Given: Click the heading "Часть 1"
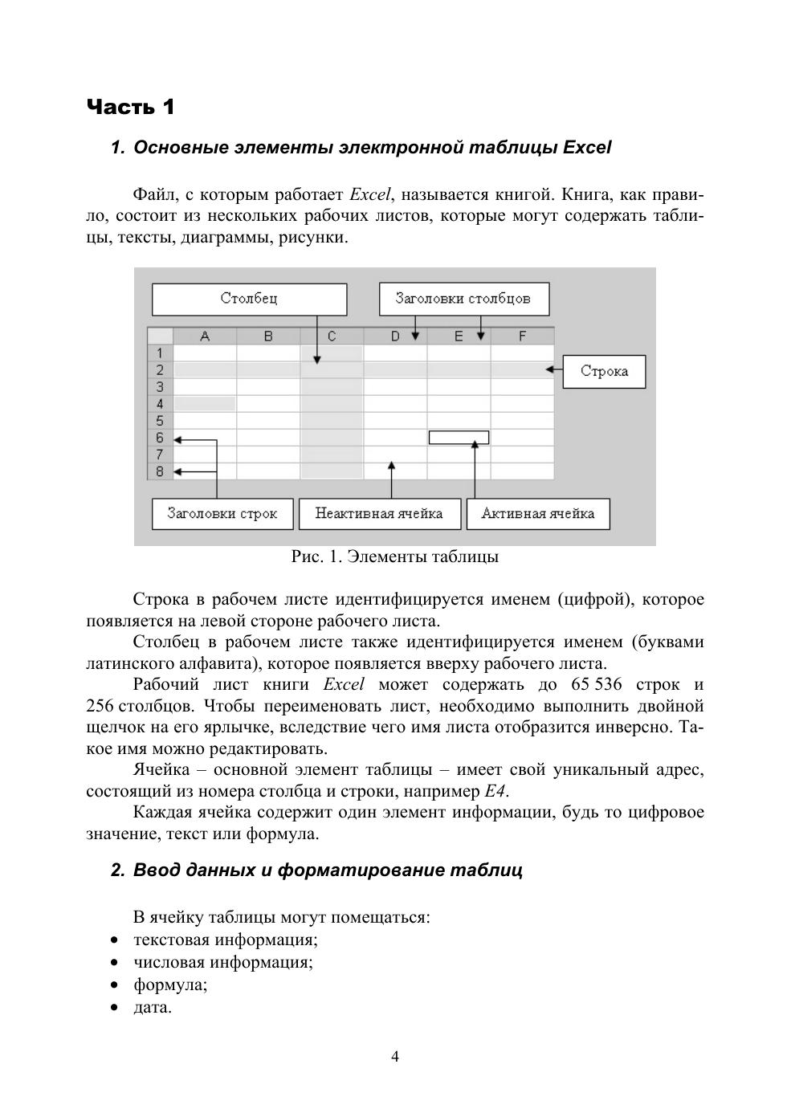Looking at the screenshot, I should point(130,107).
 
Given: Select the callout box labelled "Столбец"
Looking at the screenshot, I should point(249,299).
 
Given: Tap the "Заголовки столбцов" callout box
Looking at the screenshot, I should point(463,299).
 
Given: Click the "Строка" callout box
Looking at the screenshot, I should point(604,371).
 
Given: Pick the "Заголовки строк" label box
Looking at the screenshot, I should point(222,514).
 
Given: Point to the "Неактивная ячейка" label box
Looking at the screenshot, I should point(379,514).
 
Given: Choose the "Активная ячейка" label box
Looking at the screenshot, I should point(537,514).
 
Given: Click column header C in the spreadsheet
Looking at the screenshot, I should point(332,336).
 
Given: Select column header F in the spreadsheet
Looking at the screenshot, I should point(522,336).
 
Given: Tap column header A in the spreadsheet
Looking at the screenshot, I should point(205,336).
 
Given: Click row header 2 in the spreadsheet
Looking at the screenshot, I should point(160,370).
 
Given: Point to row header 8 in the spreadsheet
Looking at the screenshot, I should point(160,471).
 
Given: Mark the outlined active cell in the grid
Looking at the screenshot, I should point(459,438).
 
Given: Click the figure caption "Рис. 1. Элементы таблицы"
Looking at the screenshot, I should point(394,556).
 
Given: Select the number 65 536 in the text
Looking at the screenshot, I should point(596,685).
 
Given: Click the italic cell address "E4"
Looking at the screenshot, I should point(495,792).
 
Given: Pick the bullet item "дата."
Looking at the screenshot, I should point(153,1007).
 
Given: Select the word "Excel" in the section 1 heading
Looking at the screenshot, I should point(587,148).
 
